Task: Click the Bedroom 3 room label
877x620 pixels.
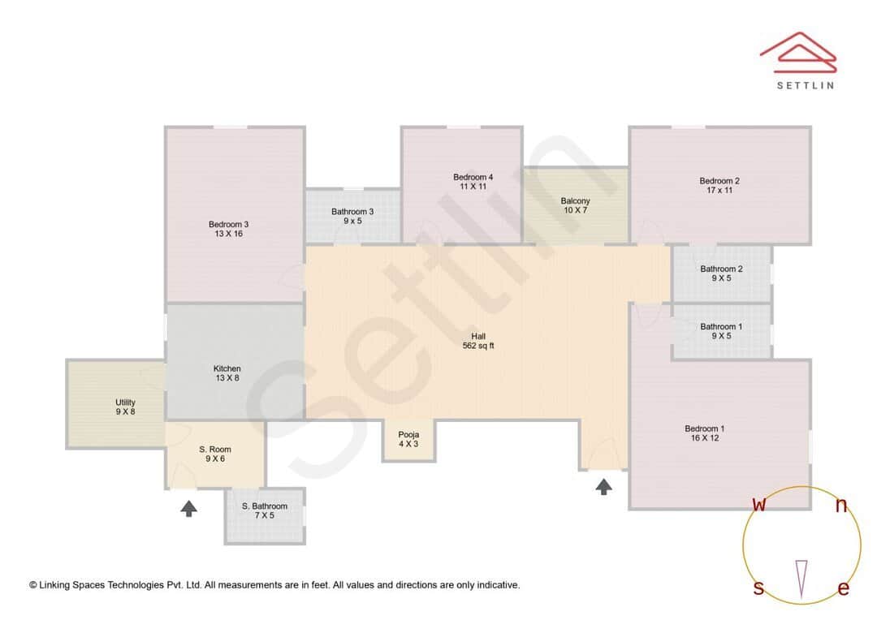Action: tap(228, 229)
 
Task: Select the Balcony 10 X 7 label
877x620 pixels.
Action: tap(575, 205)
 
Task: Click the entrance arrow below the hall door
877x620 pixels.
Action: tap(603, 486)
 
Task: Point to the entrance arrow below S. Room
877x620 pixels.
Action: tap(188, 509)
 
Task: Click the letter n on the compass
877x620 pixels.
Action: tap(841, 506)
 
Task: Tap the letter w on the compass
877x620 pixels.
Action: tap(759, 505)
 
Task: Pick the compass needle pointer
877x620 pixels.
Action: tap(801, 579)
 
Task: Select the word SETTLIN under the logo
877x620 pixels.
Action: tap(805, 85)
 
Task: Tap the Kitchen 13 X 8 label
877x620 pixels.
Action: tap(227, 373)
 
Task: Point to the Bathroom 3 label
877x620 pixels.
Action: tap(352, 217)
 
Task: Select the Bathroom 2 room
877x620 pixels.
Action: tap(721, 273)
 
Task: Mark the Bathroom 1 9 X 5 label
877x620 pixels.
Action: tap(721, 331)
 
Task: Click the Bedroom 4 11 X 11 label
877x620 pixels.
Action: tap(473, 182)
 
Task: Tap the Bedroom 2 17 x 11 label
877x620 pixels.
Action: tap(719, 186)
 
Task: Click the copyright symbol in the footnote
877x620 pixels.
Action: tap(33, 585)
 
